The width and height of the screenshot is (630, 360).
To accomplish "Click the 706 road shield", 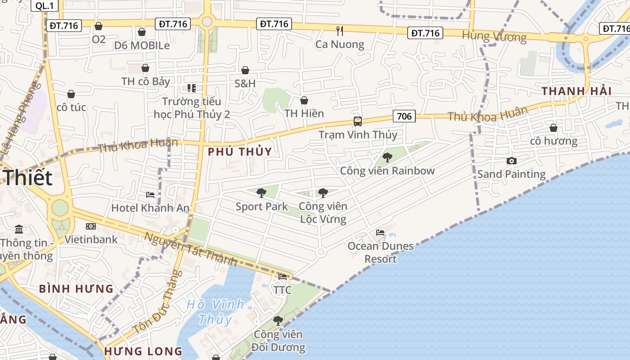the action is click(x=404, y=117).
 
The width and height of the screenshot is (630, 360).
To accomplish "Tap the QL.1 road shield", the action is click(x=44, y=5).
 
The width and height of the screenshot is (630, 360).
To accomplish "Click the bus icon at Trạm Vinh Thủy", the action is click(x=358, y=121).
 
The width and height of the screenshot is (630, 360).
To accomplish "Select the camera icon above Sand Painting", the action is click(x=511, y=161).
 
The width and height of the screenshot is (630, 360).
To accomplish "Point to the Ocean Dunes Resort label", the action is click(x=380, y=252).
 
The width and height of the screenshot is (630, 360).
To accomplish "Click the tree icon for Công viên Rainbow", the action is click(x=387, y=157).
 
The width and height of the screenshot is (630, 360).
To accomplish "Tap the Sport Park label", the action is click(x=261, y=207).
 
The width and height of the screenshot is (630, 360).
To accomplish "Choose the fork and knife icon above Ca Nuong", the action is click(x=340, y=31).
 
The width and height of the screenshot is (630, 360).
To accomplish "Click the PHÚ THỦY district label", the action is click(x=240, y=152).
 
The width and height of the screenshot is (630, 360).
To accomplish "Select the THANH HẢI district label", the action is click(x=576, y=91).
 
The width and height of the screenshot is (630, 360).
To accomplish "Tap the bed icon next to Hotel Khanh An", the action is click(x=150, y=195).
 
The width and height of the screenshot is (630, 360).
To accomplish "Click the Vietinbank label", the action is click(x=91, y=239).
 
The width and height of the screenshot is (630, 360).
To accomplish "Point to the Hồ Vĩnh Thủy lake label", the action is click(x=215, y=311).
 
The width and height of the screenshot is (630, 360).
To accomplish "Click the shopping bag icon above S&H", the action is click(x=245, y=70).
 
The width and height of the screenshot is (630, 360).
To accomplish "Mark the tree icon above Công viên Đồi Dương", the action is click(x=278, y=321).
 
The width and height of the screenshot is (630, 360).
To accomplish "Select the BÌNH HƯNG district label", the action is click(x=76, y=288).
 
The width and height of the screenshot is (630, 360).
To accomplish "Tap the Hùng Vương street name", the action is click(x=494, y=36).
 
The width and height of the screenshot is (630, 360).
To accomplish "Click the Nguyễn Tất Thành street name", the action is click(x=191, y=249).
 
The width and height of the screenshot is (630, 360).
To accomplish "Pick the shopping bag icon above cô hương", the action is click(x=553, y=128).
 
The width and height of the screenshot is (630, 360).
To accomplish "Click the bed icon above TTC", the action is click(x=283, y=277).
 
